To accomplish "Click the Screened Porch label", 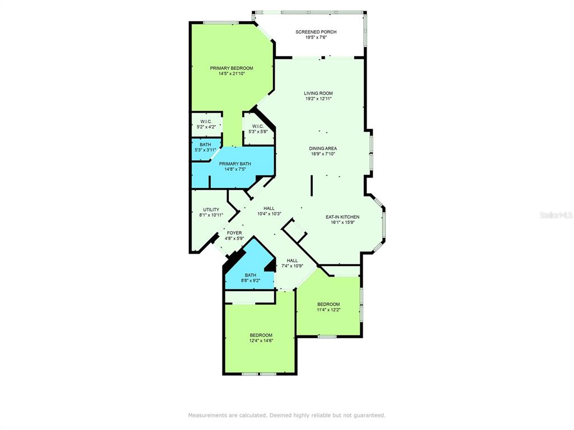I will [x=316, y=32].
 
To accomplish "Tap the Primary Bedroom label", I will [x=232, y=68].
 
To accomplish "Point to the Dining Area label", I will [x=323, y=148].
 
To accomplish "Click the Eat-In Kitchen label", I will [x=342, y=217].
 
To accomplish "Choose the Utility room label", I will [x=211, y=209].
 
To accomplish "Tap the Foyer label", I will [x=234, y=233].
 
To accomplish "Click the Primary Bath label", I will [x=235, y=164].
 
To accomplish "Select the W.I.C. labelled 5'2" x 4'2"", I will [x=206, y=121].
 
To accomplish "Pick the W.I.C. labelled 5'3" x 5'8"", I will [x=258, y=126].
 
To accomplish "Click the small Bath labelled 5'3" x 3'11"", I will [x=205, y=145].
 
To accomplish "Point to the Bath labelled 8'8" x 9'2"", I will [x=250, y=275].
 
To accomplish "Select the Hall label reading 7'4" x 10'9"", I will [x=292, y=260].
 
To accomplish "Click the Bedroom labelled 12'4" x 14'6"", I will [x=261, y=335].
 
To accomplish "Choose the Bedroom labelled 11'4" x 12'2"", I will [x=328, y=305].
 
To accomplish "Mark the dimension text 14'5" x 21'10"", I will [x=232, y=73].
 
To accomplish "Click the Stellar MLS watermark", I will [x=556, y=215].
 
